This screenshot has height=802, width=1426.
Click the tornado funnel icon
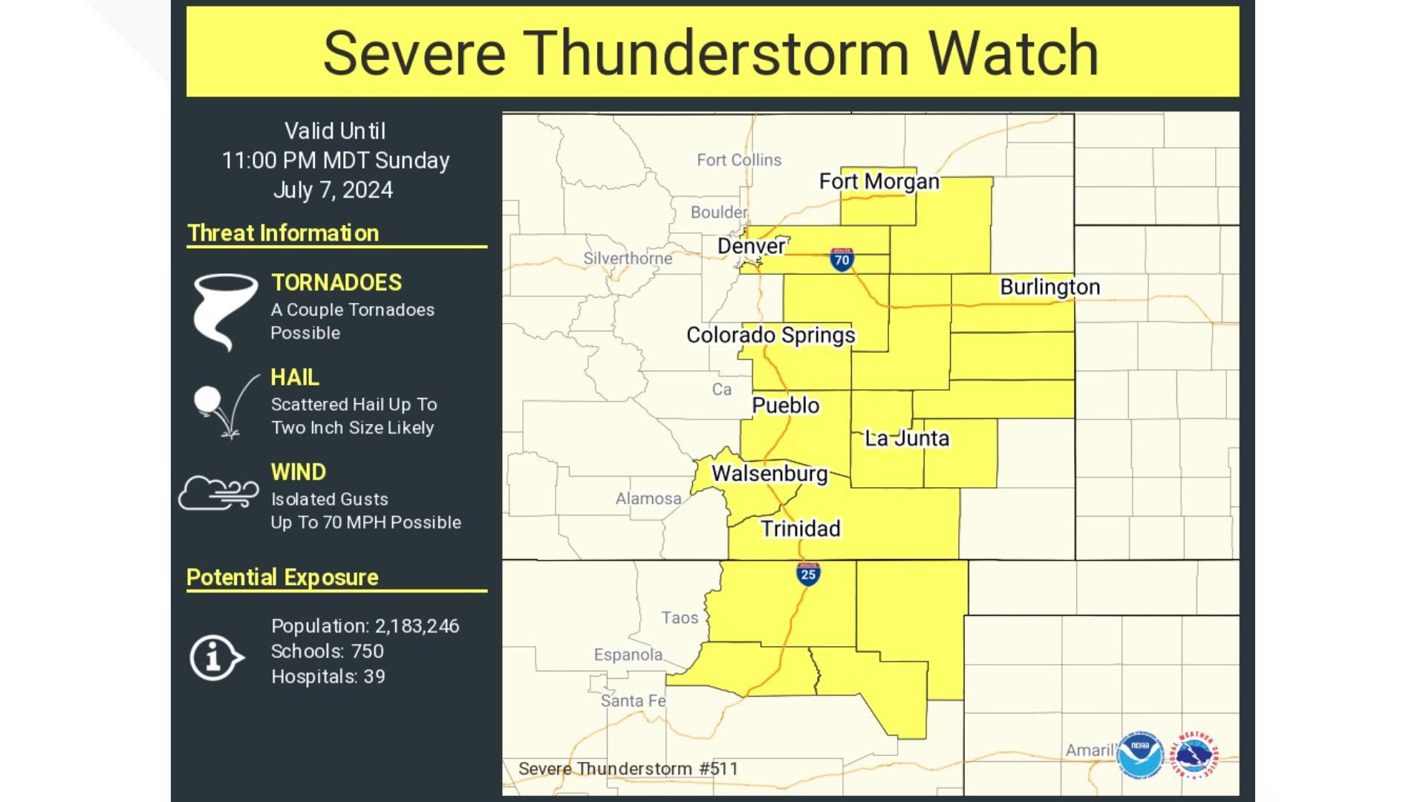coord(224,310)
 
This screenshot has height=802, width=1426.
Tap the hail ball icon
coord(208,400)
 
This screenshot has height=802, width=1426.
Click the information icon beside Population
coord(215,657)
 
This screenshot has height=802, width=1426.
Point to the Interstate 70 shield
coord(841,259)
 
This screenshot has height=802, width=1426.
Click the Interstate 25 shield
coord(808,573)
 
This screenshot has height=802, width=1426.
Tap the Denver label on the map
coord(751,246)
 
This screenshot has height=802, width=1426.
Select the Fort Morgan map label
coord(879,181)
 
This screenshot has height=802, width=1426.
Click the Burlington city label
coord(1049,287)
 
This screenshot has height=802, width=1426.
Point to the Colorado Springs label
coord(770,335)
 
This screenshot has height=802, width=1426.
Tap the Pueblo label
coord(785,405)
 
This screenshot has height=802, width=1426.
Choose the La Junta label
coord(906,438)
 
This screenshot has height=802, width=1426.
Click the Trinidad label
coord(800,529)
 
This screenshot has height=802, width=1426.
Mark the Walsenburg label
coord(769,473)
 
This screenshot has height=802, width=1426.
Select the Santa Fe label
coord(633,700)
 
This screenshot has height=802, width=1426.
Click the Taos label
coord(680,618)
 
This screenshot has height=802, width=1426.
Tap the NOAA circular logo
coord(1140,756)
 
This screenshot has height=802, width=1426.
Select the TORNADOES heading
coord(336,283)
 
